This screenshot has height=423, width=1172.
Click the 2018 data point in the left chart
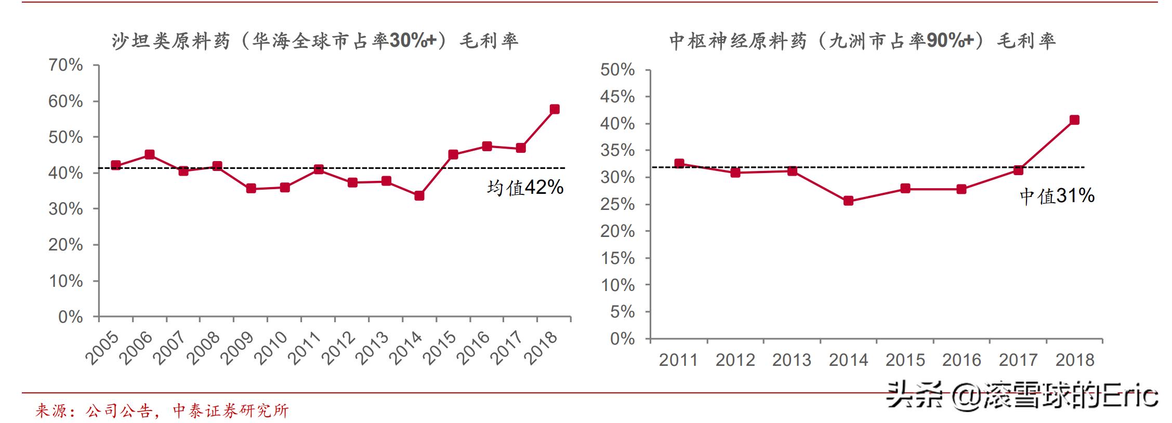555,109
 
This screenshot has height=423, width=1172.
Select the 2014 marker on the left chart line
419,196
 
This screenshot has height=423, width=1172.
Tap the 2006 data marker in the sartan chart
150,154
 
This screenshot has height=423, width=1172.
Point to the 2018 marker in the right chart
1074,120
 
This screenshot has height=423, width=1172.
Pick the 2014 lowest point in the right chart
848,201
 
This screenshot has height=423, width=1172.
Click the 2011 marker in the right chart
679,164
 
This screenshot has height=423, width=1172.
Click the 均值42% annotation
525,188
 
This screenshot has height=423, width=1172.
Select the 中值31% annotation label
1057,196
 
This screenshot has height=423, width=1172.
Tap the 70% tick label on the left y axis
65,65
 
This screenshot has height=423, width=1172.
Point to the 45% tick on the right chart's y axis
617,97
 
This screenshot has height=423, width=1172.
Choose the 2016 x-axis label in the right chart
962,360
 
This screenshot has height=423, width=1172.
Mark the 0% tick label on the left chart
71,317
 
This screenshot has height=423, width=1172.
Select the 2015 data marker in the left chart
453,154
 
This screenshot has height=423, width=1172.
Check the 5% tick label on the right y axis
623,312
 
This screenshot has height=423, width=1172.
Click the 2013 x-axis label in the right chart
792,360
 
